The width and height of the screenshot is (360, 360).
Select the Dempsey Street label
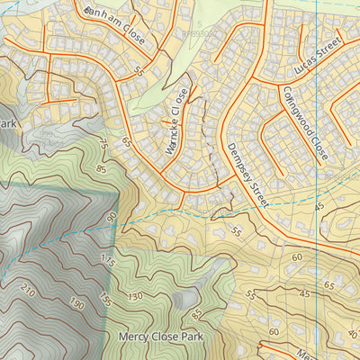247,176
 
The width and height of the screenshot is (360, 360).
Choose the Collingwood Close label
301,124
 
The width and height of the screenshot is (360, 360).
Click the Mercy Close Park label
161,337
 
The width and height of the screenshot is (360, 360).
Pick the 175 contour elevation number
109,262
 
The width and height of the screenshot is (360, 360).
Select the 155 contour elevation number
105,298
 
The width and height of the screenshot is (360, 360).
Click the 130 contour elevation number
135,296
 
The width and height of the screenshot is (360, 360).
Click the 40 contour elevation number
352,334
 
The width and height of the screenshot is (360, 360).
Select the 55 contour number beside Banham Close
139,70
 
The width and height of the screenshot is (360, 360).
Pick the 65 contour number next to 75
126,142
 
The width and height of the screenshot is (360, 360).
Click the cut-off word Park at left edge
8,122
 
